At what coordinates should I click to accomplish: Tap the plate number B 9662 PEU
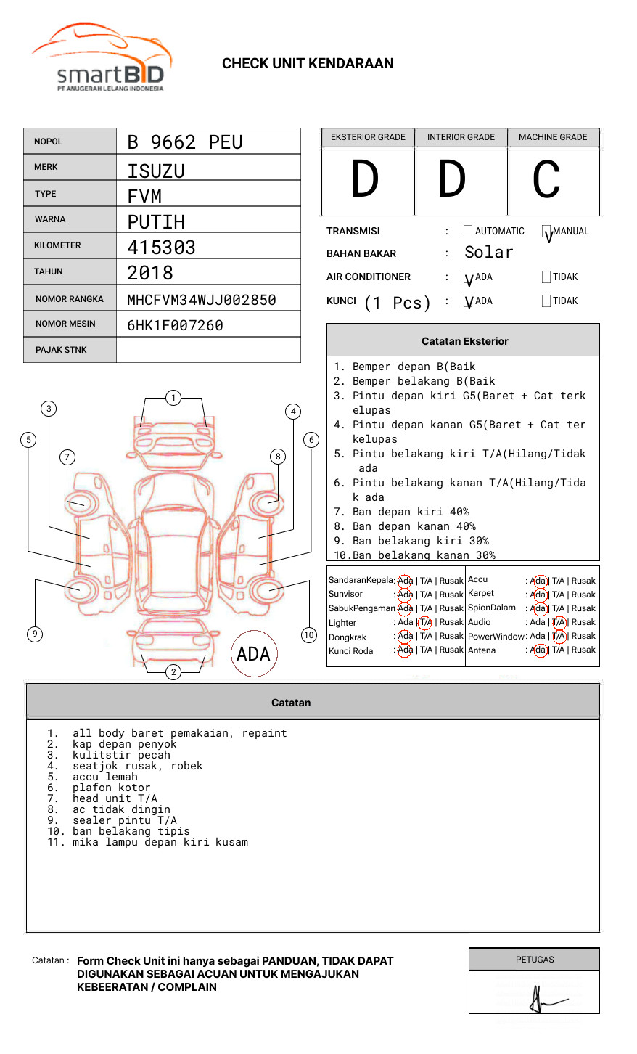point(185,142)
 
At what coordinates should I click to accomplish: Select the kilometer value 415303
point(161,248)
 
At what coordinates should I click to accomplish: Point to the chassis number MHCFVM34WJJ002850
point(201,300)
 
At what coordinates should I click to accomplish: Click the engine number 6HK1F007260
point(175,325)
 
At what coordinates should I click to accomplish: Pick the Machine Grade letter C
point(546,180)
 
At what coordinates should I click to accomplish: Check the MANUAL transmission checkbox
point(546,232)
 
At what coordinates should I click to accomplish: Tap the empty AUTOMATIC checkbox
point(468,232)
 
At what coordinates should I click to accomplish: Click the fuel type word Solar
point(488,253)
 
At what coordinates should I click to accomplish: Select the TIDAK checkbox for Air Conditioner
point(546,277)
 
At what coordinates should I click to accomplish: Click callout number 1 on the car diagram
point(173,398)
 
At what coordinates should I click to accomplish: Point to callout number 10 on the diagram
point(309,635)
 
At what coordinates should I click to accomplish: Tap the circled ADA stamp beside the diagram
point(253,654)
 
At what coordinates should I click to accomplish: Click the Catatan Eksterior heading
point(464,341)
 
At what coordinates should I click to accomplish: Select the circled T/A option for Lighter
point(425,622)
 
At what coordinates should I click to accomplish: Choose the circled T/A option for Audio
point(559,622)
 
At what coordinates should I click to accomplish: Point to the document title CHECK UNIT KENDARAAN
point(308,64)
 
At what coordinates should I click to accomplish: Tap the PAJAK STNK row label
point(61,350)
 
